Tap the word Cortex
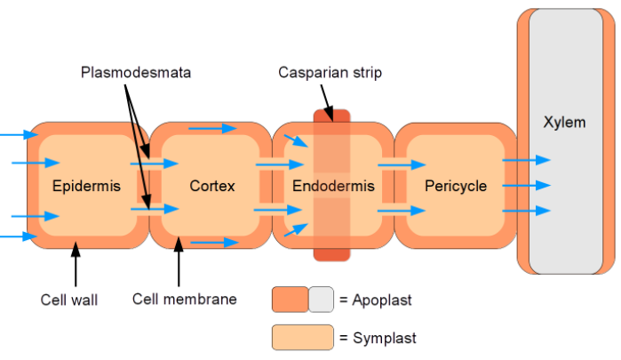(212, 186)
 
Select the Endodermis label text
(333, 186)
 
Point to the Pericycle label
(456, 186)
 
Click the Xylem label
(564, 122)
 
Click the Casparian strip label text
(330, 72)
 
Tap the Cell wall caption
(69, 300)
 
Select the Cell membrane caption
(185, 299)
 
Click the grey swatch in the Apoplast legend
(321, 300)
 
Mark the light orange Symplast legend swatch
(303, 338)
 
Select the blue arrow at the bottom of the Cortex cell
(214, 242)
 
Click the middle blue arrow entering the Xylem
(527, 186)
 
